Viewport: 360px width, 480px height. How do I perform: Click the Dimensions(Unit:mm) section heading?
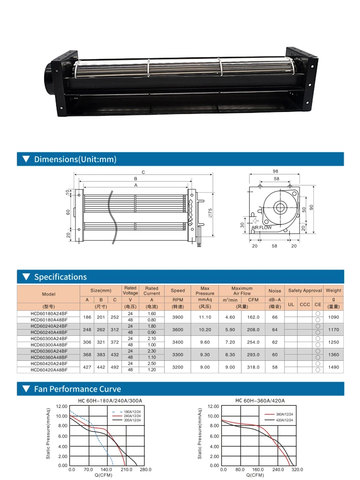[75, 159]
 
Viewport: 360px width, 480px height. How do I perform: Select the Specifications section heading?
[60, 277]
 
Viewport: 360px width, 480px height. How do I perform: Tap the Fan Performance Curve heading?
[77, 389]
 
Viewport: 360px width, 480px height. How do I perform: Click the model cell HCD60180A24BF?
[49, 313]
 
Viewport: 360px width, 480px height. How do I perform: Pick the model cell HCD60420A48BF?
[49, 370]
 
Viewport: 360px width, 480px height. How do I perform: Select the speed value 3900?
[178, 317]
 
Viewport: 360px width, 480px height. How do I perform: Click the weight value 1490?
[334, 367]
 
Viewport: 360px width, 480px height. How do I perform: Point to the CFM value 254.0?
[253, 342]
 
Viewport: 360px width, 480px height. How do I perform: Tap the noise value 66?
[275, 317]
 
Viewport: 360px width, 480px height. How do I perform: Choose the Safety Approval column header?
[305, 291]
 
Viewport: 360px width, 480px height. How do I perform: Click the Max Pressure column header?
[205, 291]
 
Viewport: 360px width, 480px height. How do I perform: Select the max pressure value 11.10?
[205, 317]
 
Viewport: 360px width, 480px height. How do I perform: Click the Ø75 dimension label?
[210, 213]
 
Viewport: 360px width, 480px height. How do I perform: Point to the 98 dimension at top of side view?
[275, 171]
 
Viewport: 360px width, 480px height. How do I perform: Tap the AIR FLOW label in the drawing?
[262, 227]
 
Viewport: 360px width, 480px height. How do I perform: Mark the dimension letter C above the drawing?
[143, 172]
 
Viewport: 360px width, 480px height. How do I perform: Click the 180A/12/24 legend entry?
[132, 412]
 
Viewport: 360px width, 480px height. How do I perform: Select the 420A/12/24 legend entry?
[285, 420]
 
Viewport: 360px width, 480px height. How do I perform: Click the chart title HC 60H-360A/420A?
[260, 400]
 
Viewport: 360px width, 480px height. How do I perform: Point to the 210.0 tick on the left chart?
[126, 469]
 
